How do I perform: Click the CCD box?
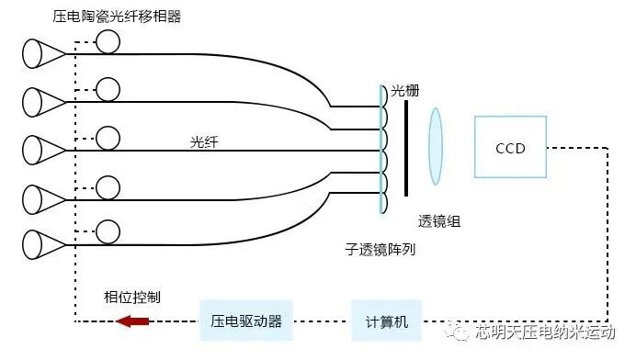coord(509,147)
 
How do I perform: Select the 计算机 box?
coord(386,321)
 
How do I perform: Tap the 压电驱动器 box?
coord(246,321)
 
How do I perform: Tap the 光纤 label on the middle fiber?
coord(204,141)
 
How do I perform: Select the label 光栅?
coord(404,91)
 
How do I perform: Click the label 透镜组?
coord(439,221)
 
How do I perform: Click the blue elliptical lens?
coord(436,147)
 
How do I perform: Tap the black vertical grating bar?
coord(405,147)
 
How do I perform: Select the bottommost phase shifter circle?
coord(108,231)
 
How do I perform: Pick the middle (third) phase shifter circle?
coord(108,137)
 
